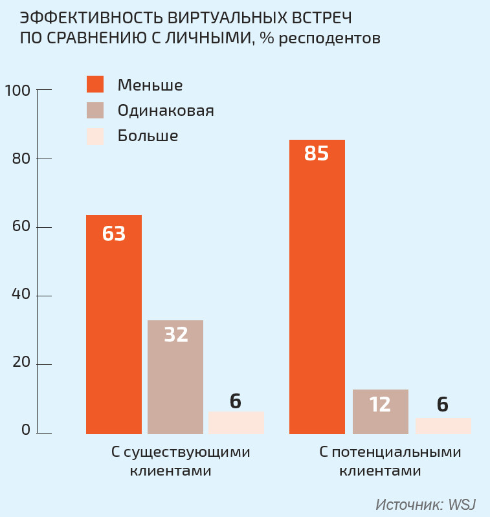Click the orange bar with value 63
[x=114, y=324]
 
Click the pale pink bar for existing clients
[x=236, y=422]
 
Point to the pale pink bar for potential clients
[x=443, y=425]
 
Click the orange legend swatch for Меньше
[x=95, y=85]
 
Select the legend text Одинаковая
[x=166, y=111]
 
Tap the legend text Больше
[x=148, y=136]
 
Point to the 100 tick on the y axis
[x=17, y=91]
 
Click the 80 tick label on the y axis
[x=21, y=159]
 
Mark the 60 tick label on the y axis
[x=21, y=228]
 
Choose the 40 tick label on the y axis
[x=21, y=296]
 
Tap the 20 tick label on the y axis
[x=21, y=364]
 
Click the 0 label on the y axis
[x=25, y=430]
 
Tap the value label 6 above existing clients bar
[x=236, y=401]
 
